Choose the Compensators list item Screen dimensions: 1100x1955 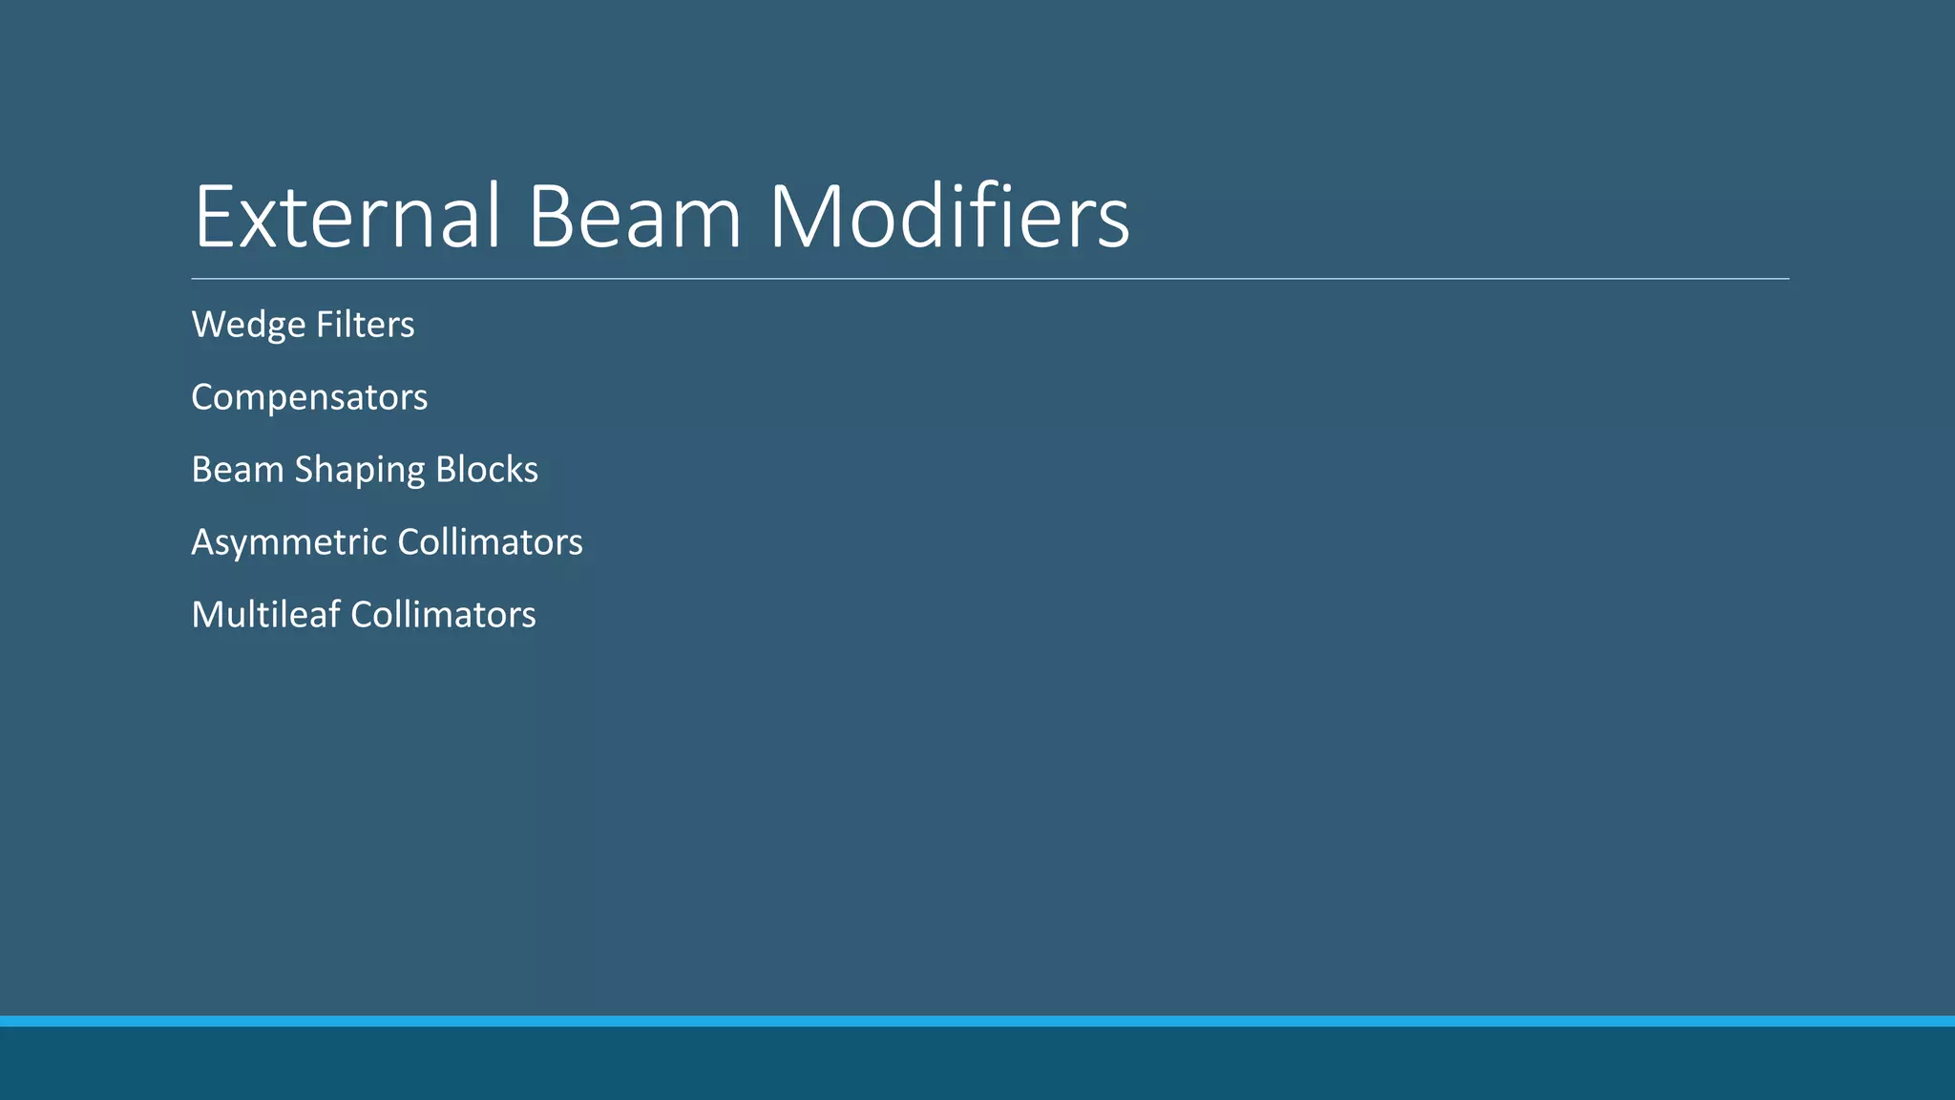[309, 398]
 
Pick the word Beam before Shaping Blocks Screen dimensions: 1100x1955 [238, 470]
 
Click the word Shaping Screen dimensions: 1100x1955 [360, 471]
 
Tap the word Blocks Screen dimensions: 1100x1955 [487, 470]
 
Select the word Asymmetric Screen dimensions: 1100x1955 [289, 542]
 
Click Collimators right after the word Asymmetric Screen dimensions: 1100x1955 [490, 542]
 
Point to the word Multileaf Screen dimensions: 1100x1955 [266, 615]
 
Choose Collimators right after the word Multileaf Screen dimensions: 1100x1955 [443, 615]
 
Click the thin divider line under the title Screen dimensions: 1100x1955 [990, 279]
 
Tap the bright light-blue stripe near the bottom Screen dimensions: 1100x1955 [977, 1021]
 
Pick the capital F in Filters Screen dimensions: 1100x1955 [324, 325]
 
